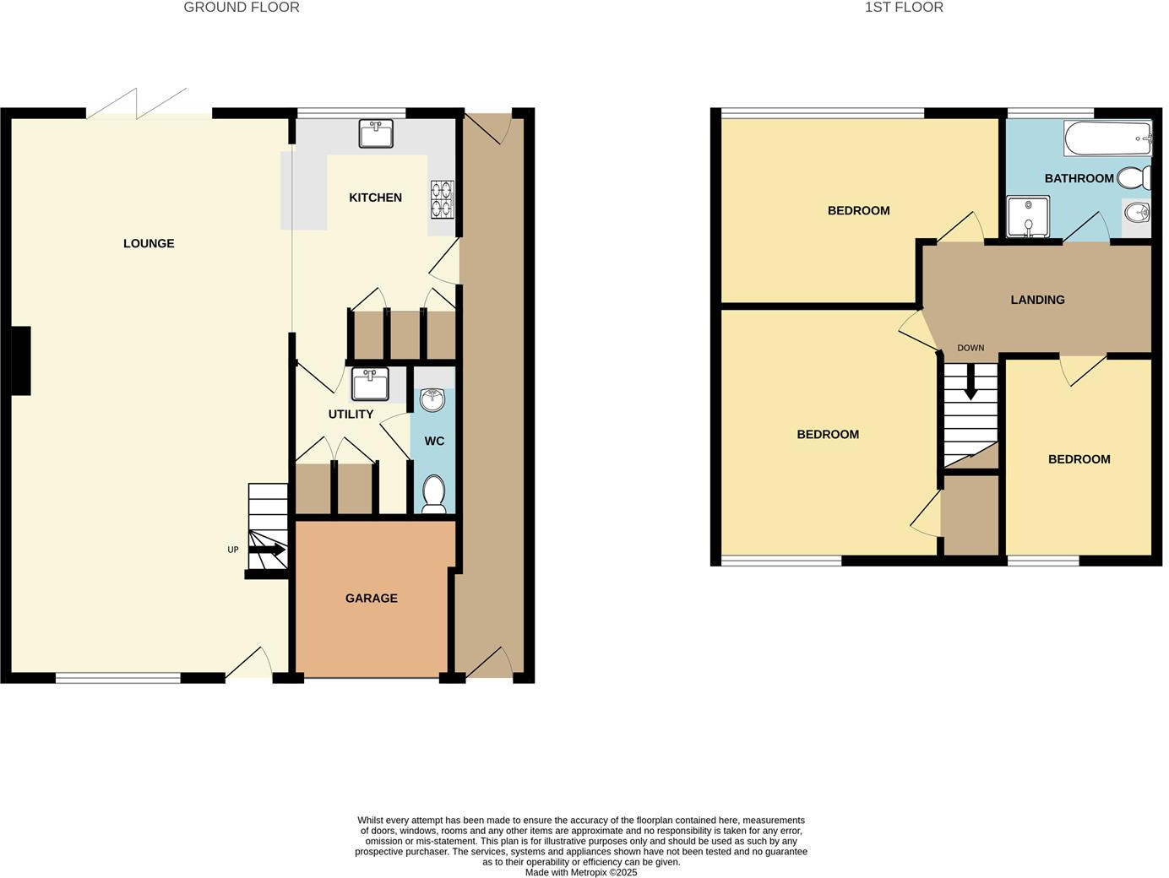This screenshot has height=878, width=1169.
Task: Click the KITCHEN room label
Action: [x=375, y=198]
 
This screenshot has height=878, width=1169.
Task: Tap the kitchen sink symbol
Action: [x=376, y=133]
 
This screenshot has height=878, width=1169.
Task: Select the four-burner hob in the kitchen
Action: [x=442, y=199]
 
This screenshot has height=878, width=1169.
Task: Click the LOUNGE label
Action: [x=149, y=243]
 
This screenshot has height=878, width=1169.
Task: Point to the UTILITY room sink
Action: [x=369, y=384]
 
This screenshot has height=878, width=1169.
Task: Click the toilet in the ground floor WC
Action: [x=433, y=494]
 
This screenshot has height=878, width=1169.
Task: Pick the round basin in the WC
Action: [x=432, y=400]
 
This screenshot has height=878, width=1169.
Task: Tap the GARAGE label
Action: [x=371, y=598]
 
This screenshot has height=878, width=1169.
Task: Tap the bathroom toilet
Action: [x=1134, y=178]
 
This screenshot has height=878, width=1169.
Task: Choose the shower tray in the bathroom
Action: [x=1028, y=216]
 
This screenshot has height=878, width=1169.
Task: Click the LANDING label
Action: [x=1037, y=300]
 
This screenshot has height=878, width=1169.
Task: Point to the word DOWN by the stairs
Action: [x=971, y=348]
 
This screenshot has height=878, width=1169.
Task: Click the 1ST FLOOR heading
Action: [x=904, y=8]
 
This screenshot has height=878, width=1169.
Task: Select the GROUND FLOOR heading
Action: [x=242, y=8]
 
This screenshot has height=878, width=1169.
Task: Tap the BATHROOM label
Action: [x=1079, y=178]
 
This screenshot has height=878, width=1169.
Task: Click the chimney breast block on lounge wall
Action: [x=21, y=360]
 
